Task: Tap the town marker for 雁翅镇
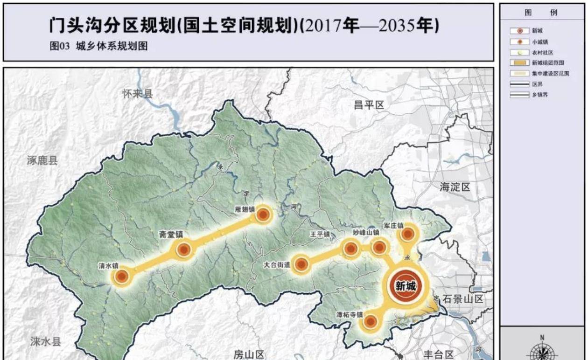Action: point(263,215)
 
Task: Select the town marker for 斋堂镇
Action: point(184,250)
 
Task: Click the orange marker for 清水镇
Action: point(122,277)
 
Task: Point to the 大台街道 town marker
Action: point(301,264)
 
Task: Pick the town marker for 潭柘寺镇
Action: point(371,321)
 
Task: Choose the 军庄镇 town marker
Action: point(407,234)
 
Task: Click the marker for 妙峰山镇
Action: point(379,247)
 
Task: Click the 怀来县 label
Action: point(137,94)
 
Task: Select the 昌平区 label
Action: point(369,105)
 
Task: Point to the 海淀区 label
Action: point(455,187)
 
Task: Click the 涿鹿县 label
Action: point(42,161)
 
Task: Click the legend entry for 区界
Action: point(537,84)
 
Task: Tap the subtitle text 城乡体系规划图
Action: point(112,47)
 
